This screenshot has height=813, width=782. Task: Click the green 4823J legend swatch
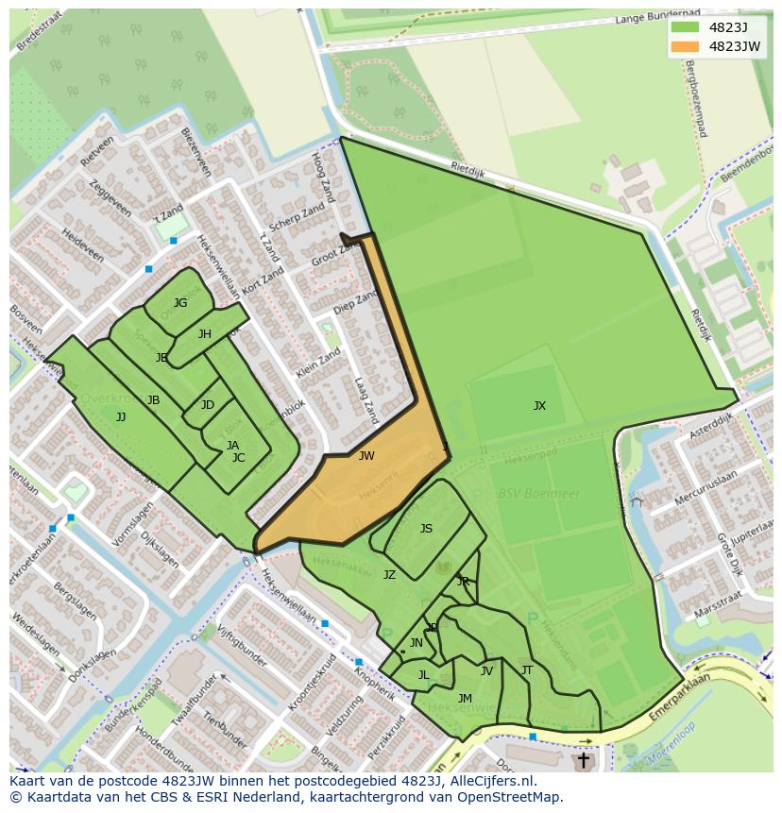click(x=685, y=27)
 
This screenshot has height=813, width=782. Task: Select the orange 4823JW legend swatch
click(x=685, y=46)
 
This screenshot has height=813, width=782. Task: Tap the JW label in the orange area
click(x=366, y=456)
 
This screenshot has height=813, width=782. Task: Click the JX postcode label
click(x=539, y=406)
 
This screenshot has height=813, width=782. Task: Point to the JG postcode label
click(x=180, y=303)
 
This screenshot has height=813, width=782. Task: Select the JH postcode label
click(x=205, y=334)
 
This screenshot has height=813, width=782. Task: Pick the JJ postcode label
click(x=121, y=416)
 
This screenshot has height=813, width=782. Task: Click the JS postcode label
click(x=426, y=529)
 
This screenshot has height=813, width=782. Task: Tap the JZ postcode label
click(x=389, y=574)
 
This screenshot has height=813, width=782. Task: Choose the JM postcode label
click(x=465, y=699)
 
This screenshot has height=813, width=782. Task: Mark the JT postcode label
click(x=527, y=670)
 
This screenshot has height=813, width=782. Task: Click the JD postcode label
click(x=208, y=405)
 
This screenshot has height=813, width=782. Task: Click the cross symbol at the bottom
click(x=583, y=759)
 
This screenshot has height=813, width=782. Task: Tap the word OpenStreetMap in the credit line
click(x=505, y=797)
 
